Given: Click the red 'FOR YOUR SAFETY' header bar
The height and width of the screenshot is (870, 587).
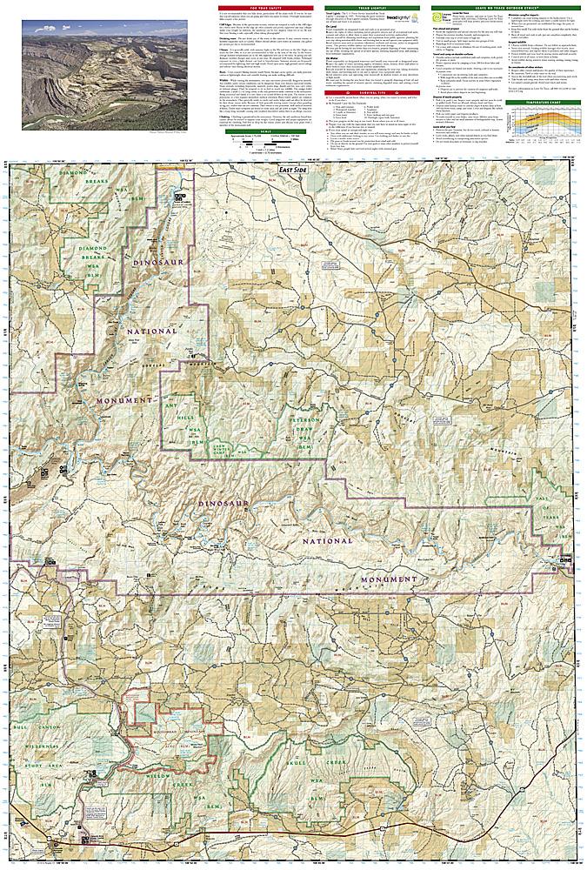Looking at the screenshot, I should point(265,8).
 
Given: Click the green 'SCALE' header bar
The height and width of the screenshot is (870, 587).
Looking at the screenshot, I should point(265,131).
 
